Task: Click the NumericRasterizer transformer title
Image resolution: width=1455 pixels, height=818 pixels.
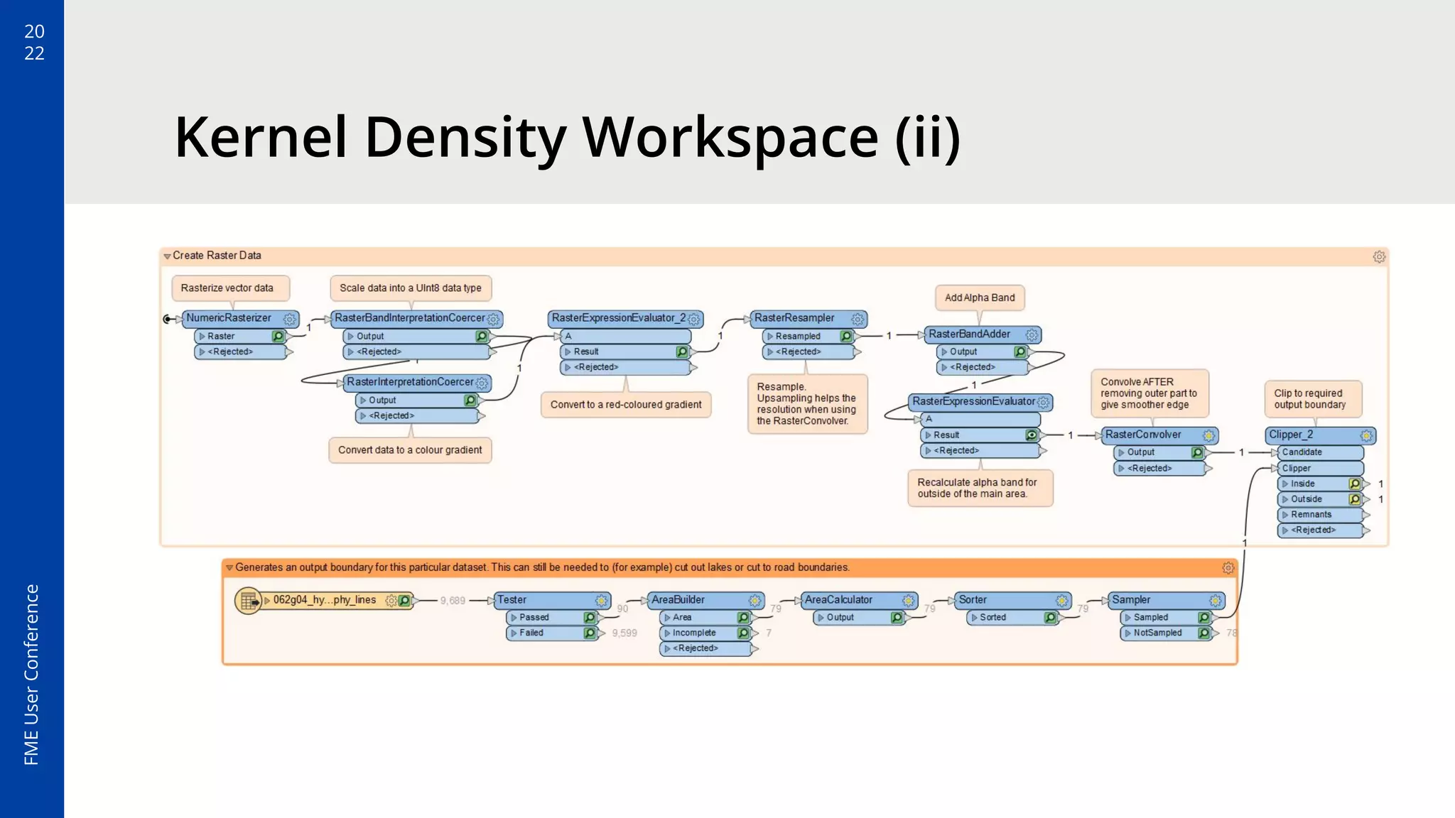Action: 229,318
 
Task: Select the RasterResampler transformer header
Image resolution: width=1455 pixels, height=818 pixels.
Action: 794,318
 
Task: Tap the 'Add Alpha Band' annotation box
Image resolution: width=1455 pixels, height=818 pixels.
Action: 980,298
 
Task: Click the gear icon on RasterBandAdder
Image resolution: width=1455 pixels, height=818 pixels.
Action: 1032,334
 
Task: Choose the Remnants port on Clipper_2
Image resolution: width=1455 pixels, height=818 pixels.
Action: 1311,515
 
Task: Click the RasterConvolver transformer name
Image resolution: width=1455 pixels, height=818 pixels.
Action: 1142,435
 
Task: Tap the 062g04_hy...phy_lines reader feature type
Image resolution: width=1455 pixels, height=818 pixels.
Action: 324,600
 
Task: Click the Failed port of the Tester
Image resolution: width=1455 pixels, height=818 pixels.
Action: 531,633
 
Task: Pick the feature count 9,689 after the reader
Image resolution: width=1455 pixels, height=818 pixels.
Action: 453,601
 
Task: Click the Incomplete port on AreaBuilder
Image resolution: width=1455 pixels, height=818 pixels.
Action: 694,633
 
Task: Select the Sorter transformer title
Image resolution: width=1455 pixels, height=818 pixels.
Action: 973,600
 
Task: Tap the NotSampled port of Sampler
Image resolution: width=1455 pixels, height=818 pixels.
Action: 1157,633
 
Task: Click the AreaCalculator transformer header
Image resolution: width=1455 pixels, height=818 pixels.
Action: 838,600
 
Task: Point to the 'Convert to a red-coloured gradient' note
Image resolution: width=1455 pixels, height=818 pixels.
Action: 625,405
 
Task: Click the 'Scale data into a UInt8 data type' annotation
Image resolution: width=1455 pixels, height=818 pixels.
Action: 410,288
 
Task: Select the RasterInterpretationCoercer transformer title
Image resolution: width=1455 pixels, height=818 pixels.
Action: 410,382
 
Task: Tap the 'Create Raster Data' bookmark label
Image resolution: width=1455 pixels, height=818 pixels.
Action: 217,256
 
